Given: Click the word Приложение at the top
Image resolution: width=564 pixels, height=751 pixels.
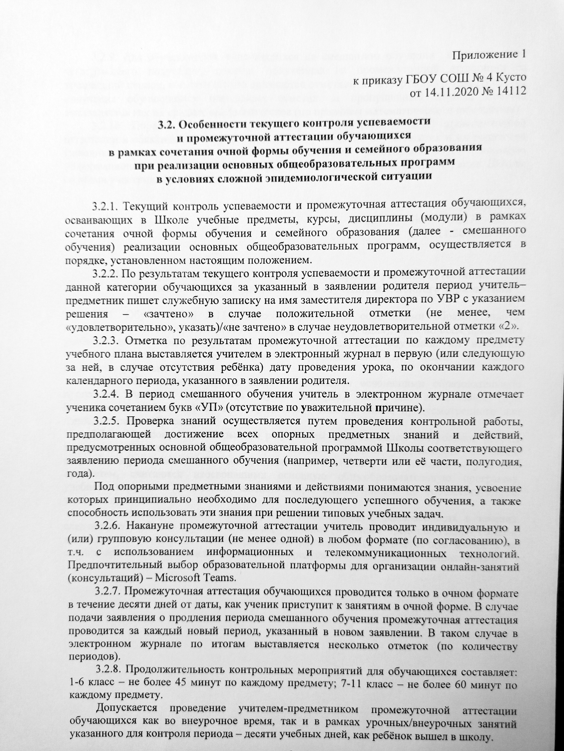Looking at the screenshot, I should [482, 55].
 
